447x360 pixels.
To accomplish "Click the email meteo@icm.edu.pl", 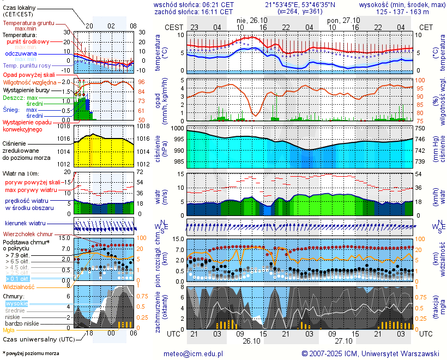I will click(194, 353).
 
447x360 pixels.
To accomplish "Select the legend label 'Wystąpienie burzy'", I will click(27, 89).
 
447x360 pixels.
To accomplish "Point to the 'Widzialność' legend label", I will click(19, 286).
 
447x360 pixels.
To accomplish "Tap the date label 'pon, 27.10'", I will click(340, 19).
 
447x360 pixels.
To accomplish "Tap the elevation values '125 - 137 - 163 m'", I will click(403, 11).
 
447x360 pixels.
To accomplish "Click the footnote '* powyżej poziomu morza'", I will click(31, 353).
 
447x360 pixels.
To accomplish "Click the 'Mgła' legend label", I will click(9, 330).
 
